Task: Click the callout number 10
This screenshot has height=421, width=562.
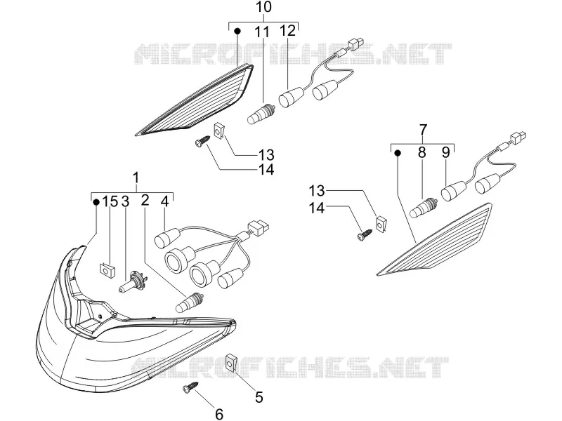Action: pos(264,8)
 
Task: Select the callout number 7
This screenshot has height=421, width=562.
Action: pos(423,129)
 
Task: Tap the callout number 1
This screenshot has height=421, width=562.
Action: pos(136,178)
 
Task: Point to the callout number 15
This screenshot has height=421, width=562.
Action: pos(110,201)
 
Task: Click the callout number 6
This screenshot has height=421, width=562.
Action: pos(219,414)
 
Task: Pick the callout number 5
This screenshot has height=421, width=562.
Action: pos(259,397)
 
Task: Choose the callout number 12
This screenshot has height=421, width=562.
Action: pos(287,31)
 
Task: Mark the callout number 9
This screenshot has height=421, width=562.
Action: pos(445,152)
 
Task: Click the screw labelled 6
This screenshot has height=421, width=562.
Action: pos(190,387)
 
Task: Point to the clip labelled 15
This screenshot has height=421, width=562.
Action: pos(107,270)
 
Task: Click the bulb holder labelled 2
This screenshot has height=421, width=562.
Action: pos(190,302)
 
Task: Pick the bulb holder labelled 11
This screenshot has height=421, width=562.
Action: pos(261,113)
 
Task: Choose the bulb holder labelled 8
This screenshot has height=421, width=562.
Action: pos(425,208)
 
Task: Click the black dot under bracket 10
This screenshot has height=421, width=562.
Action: pos(237,32)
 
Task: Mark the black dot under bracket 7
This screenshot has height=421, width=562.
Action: pos(398,153)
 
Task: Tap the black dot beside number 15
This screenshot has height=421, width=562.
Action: pos(96,202)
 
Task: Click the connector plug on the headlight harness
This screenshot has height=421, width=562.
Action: pos(258,227)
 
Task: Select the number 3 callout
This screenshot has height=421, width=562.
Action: pos(125,201)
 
